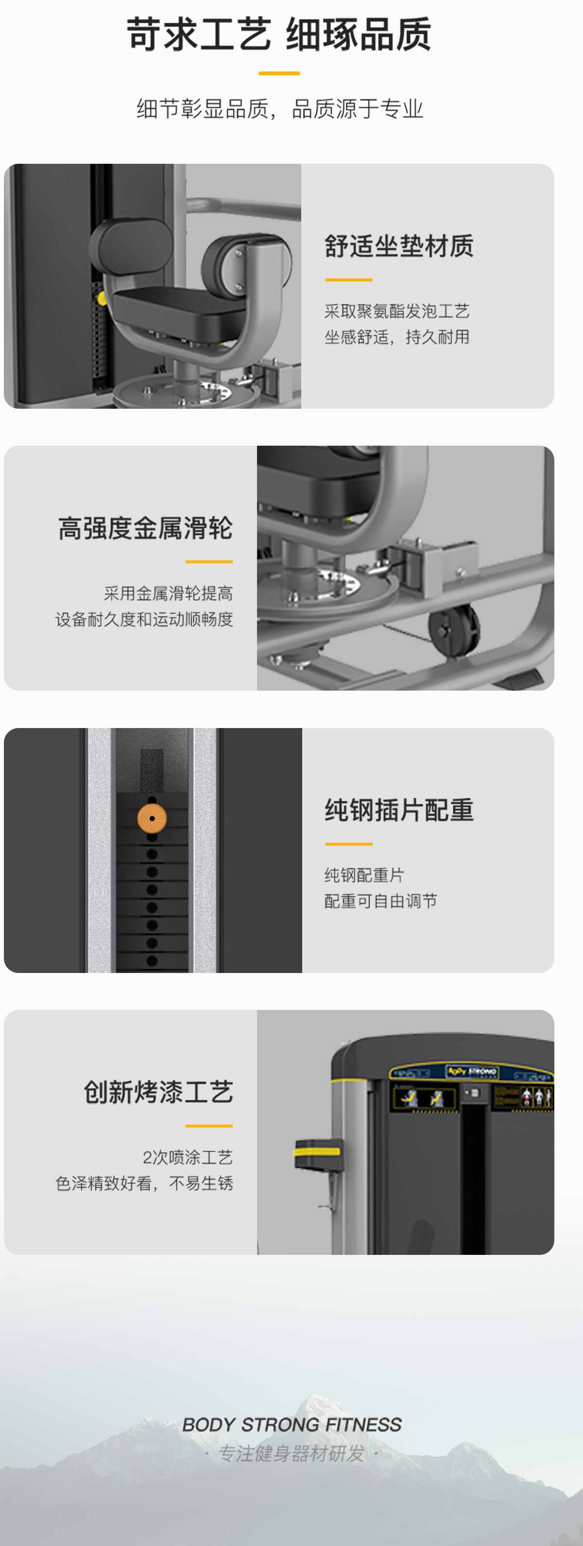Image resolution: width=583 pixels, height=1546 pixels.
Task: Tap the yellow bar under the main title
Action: tap(279, 73)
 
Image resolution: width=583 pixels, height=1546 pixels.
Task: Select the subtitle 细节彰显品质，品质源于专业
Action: tap(279, 109)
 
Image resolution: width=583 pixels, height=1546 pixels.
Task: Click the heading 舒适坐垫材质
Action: tap(399, 246)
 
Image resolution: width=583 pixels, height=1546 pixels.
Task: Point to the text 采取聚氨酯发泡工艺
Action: tap(396, 311)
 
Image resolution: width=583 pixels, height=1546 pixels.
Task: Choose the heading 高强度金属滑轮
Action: tap(145, 528)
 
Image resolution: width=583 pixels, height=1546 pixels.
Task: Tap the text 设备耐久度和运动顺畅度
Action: tap(144, 619)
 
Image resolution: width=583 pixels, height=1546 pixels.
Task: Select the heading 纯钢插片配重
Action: tap(399, 810)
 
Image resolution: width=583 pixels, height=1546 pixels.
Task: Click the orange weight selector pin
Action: tap(152, 818)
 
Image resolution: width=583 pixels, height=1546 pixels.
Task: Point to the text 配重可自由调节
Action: tap(380, 901)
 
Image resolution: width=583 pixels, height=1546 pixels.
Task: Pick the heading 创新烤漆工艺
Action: tap(158, 1092)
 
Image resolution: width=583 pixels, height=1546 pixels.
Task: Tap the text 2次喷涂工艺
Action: tap(187, 1157)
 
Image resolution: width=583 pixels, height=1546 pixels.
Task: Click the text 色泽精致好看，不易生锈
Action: tap(144, 1183)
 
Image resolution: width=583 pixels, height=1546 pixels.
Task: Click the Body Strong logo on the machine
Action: tap(471, 1071)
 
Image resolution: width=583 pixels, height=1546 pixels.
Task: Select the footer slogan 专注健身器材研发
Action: tap(291, 1454)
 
